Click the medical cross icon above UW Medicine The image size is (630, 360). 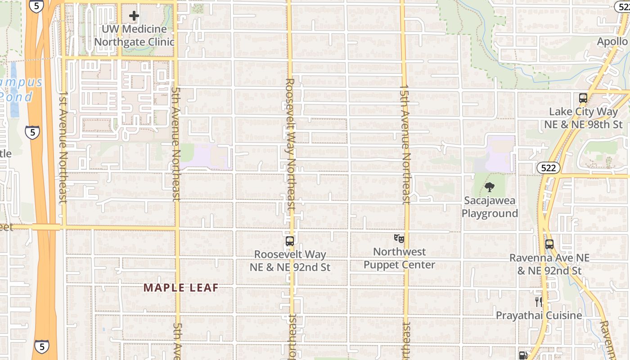click(134, 16)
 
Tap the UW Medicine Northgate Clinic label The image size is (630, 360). click(134, 36)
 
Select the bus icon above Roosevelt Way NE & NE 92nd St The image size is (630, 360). click(290, 241)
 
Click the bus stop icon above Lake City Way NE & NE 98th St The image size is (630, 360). click(583, 98)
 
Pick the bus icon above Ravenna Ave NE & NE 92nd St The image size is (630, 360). click(549, 244)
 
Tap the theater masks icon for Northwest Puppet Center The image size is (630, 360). click(399, 238)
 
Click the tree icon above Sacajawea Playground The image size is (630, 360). click(490, 187)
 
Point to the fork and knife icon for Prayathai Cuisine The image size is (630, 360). click(538, 301)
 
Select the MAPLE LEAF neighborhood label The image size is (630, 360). click(181, 288)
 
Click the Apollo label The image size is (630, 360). click(612, 41)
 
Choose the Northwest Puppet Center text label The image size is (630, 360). click(399, 258)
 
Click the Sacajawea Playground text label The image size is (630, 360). click(490, 207)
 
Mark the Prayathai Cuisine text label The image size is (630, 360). click(539, 315)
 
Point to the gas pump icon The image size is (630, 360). click(523, 355)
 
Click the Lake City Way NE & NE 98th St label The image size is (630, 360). click(583, 118)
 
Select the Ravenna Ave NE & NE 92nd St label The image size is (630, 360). click(549, 264)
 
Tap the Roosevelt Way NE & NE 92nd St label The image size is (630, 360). click(290, 261)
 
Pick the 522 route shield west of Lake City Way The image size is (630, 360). click(548, 168)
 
